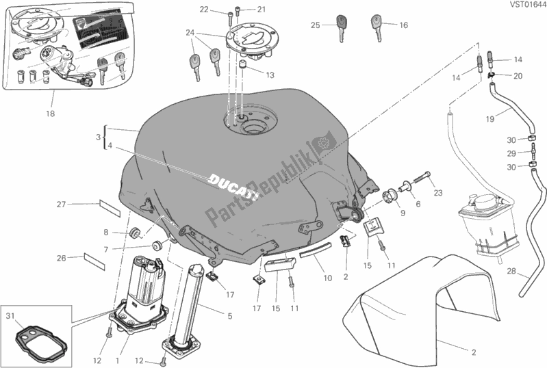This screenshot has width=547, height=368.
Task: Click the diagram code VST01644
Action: (526, 7)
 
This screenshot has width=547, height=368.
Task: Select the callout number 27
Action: (60, 204)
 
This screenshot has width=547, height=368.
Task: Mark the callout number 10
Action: (327, 278)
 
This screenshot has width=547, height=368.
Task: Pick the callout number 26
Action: (60, 258)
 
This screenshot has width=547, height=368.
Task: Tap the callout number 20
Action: (518, 75)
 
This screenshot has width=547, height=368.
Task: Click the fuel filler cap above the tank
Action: (255, 42)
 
